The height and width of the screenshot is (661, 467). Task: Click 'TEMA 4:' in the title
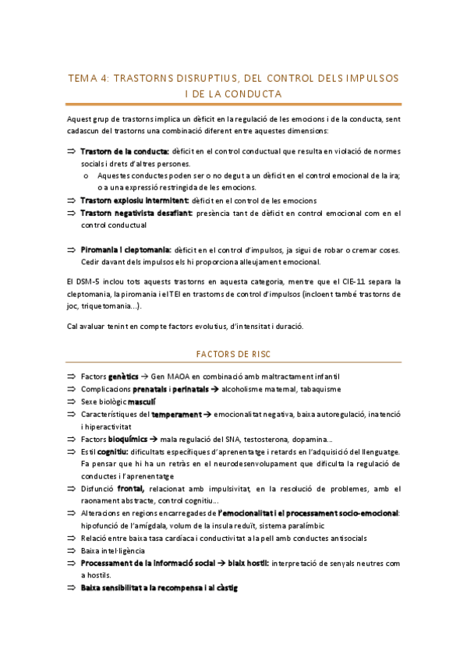(x=90, y=79)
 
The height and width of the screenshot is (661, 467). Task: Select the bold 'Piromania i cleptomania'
(x=126, y=249)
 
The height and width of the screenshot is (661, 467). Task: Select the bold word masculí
(x=142, y=401)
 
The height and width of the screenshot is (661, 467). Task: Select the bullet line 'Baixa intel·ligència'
(x=112, y=550)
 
